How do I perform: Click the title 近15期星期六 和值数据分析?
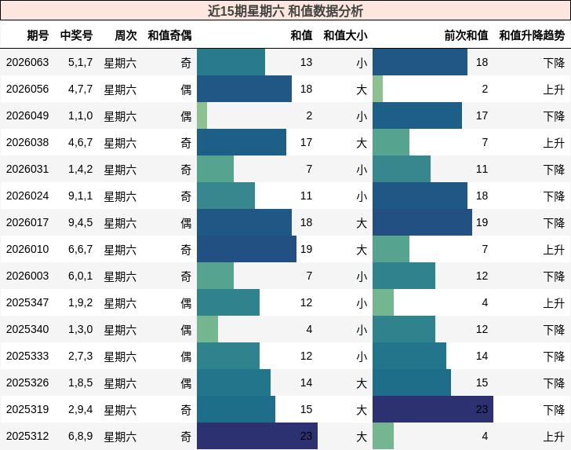(285, 11)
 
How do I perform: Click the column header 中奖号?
(76, 35)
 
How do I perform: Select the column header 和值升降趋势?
(532, 35)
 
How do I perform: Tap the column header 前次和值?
(466, 35)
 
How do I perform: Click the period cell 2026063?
(27, 62)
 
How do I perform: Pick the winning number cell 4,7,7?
(80, 89)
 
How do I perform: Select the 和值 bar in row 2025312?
(257, 436)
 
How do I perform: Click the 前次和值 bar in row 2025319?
(433, 409)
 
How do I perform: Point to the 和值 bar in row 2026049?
(202, 115)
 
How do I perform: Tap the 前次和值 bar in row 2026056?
(378, 89)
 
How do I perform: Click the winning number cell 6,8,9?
(80, 436)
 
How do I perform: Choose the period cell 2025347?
(27, 302)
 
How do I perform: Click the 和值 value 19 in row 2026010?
(306, 249)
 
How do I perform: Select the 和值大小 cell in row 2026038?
(362, 142)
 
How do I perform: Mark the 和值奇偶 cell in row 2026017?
(186, 222)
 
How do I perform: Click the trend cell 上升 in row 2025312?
(554, 436)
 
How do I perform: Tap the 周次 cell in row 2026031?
(120, 169)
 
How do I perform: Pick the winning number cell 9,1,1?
(80, 196)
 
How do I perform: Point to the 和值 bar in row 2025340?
(208, 329)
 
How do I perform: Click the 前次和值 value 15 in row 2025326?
(482, 382)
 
